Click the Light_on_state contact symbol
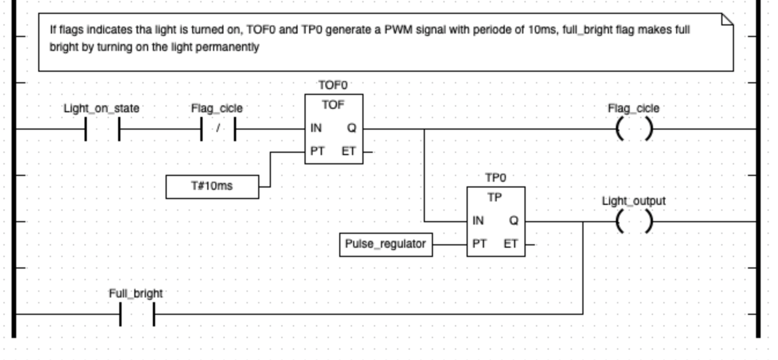click(x=102, y=129)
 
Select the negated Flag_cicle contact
click(x=218, y=129)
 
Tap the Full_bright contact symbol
click(x=137, y=314)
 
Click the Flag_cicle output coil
click(x=634, y=129)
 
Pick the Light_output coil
click(x=634, y=222)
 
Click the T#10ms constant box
click(x=212, y=187)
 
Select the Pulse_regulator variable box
click(x=385, y=244)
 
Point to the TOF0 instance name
click(x=333, y=86)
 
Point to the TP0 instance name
click(x=496, y=178)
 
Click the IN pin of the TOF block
click(x=316, y=128)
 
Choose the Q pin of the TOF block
click(x=351, y=128)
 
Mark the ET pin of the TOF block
click(x=349, y=152)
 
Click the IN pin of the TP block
click(x=478, y=221)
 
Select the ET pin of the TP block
click(x=511, y=244)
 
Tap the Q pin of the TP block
click(x=513, y=221)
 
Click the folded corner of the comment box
click(x=727, y=19)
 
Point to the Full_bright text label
click(x=135, y=293)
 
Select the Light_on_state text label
click(x=101, y=108)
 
